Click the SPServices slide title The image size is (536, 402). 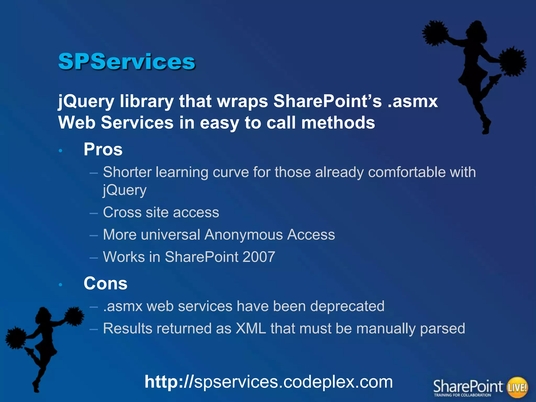pyautogui.click(x=127, y=62)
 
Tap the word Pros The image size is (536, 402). pyautogui.click(x=103, y=149)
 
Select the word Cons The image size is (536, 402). pyautogui.click(x=105, y=283)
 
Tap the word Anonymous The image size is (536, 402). pyautogui.click(x=243, y=234)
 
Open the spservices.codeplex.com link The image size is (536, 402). pyautogui.click(x=269, y=382)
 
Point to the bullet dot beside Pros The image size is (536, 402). pyautogui.click(x=60, y=151)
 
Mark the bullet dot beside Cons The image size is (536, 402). pyautogui.click(x=60, y=285)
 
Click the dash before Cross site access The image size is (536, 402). pyautogui.click(x=93, y=213)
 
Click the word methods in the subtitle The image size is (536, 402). pyautogui.click(x=338, y=123)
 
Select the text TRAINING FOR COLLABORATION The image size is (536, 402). pyautogui.click(x=462, y=395)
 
